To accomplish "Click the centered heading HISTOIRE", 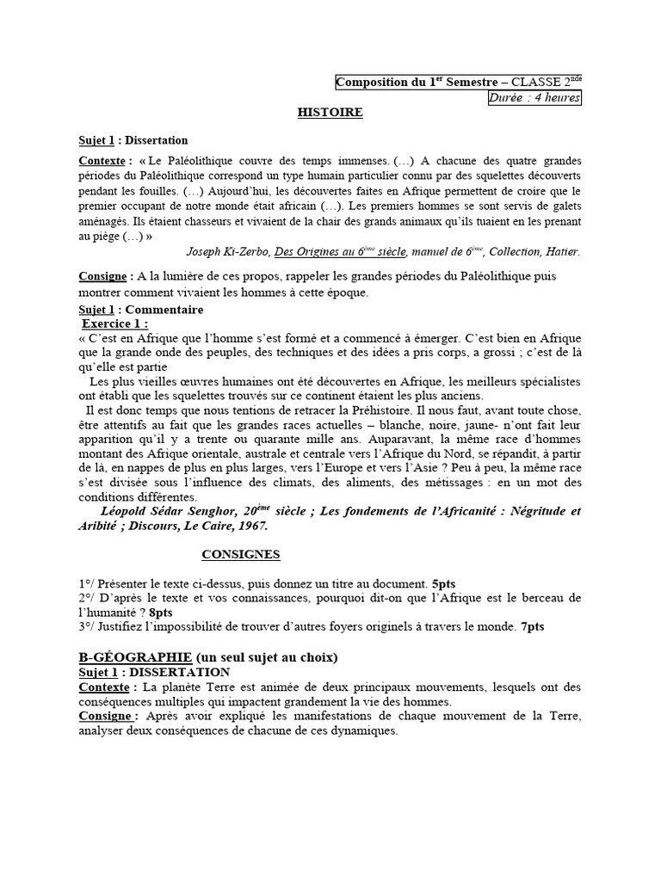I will (330, 113).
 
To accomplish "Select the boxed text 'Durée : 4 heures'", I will (534, 98).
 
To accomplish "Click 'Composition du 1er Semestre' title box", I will (458, 83).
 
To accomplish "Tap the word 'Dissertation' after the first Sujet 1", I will (157, 140).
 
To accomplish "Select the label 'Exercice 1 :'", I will (114, 323).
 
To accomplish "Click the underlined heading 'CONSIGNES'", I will (240, 554).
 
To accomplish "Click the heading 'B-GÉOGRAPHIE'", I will (127, 657).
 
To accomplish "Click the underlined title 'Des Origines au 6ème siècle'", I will (339, 251).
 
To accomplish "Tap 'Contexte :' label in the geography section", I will (107, 687).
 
